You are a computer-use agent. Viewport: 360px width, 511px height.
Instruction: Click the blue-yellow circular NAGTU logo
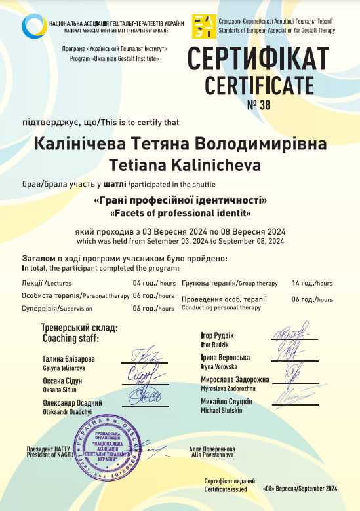pyautogui.click(x=34, y=27)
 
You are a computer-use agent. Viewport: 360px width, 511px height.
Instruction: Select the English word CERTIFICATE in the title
pyautogui.click(x=259, y=85)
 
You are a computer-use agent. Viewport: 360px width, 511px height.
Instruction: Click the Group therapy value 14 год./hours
pyautogui.click(x=312, y=283)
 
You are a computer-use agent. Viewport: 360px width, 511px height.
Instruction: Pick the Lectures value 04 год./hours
pyautogui.click(x=154, y=283)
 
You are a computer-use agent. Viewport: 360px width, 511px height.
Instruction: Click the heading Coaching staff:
pyautogui.click(x=71, y=339)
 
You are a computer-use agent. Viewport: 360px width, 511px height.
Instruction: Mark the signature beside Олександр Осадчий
pyautogui.click(x=146, y=396)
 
